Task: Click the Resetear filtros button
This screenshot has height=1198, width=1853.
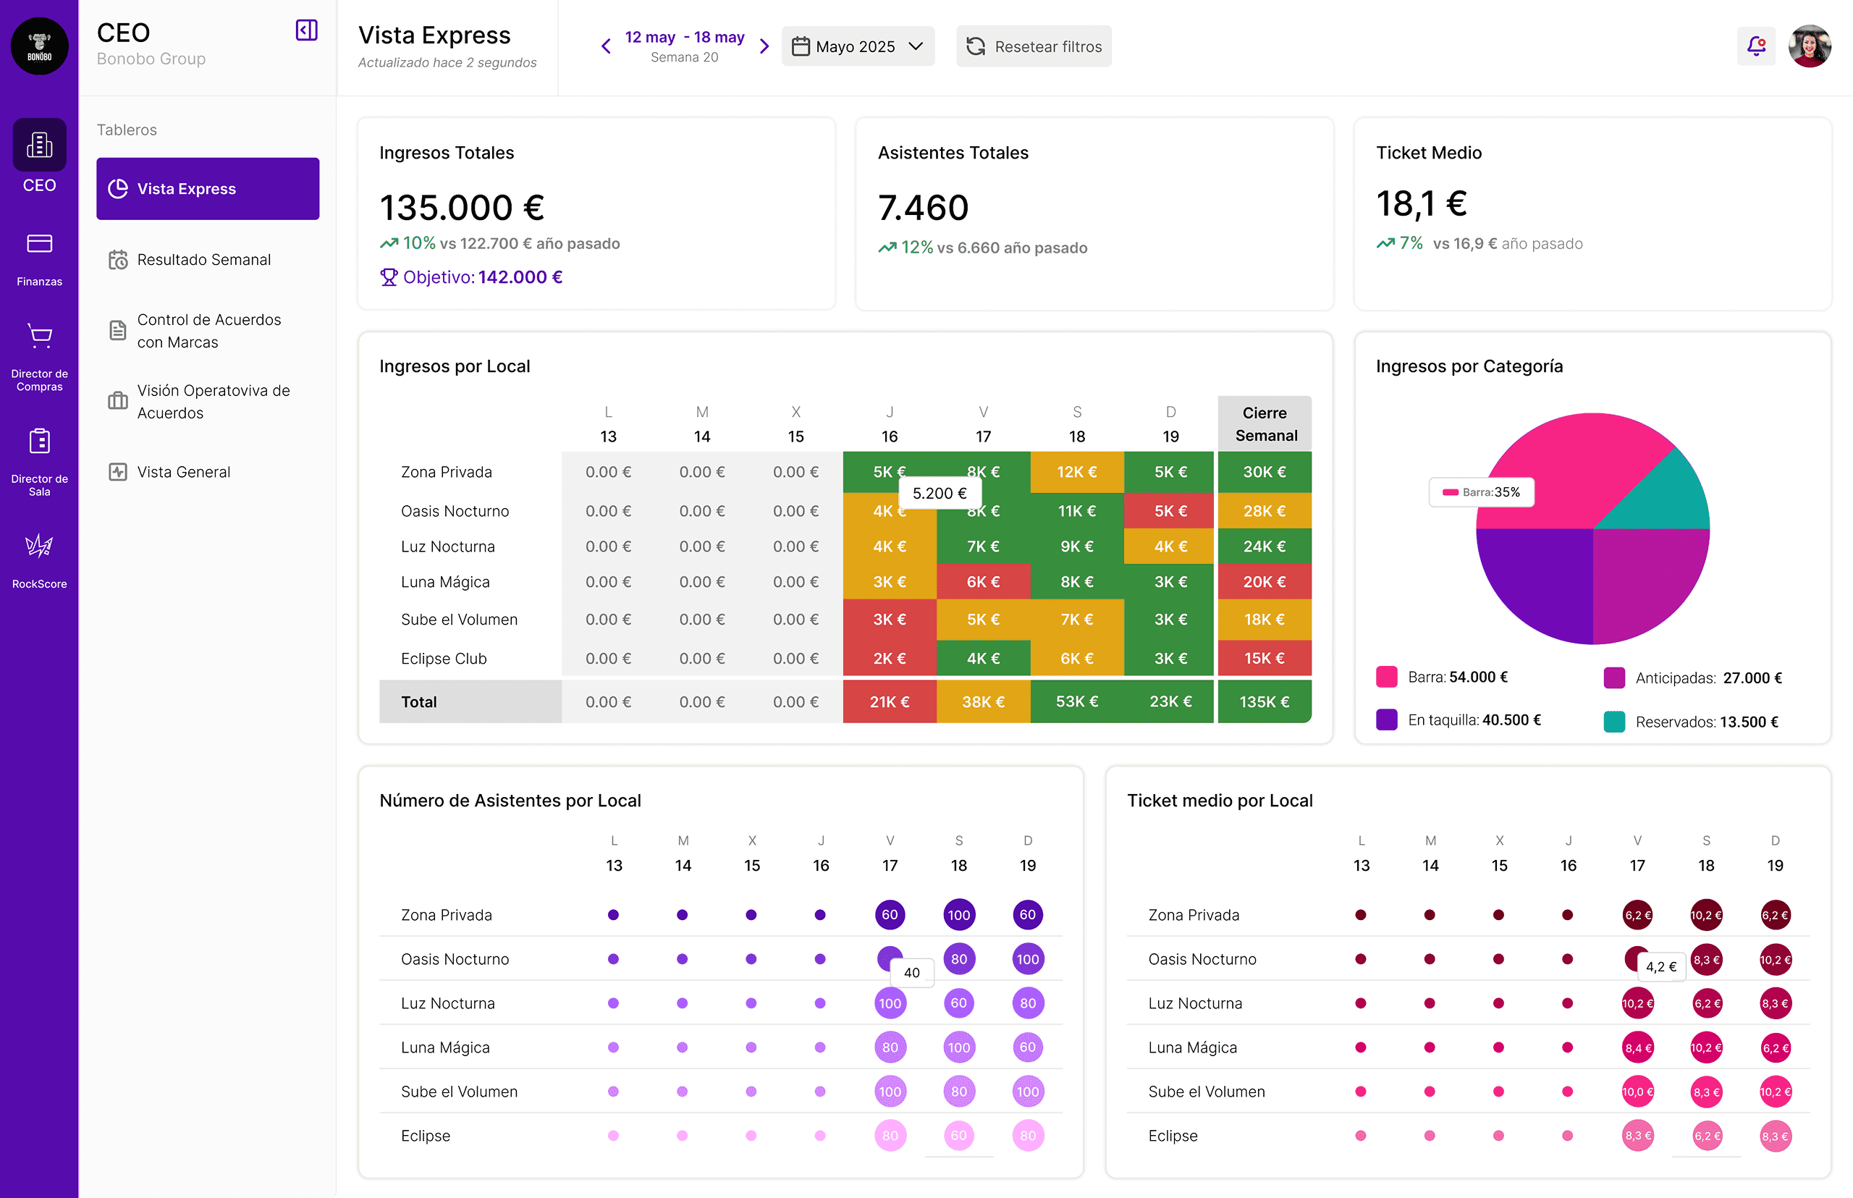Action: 1034,46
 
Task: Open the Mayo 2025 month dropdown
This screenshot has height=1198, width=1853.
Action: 857,46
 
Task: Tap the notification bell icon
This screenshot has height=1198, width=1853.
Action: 1756,46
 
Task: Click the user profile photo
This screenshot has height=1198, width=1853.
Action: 1810,46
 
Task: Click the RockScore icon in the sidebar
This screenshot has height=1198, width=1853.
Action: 39,546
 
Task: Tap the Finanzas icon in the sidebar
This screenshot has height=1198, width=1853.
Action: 39,244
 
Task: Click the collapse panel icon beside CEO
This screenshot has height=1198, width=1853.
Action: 306,30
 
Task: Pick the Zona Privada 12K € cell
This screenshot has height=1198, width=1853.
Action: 1076,472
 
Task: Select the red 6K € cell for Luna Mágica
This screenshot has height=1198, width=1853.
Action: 983,582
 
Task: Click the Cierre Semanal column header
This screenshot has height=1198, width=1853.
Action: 1265,424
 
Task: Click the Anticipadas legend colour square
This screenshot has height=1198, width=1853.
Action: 1614,678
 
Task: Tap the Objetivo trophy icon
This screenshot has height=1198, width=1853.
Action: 388,277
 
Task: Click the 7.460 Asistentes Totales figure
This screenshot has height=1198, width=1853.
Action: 924,208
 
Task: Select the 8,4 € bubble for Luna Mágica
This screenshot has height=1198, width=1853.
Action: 1637,1048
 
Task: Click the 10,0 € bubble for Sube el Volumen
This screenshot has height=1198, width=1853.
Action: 1637,1092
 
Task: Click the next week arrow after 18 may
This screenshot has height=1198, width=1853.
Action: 764,46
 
